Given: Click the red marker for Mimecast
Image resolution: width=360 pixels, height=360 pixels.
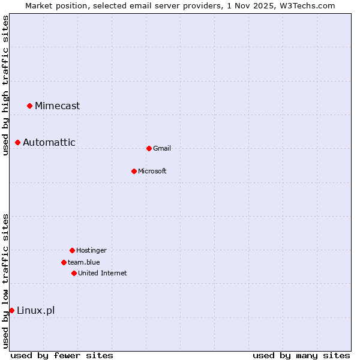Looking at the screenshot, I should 29,106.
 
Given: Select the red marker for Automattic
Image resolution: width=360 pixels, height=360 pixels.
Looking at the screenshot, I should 18,142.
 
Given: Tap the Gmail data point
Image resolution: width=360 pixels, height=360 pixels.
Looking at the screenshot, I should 149,148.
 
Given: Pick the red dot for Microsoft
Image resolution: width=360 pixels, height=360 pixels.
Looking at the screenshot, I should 134,171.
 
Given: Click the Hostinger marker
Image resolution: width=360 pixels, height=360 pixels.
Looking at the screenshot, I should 72,250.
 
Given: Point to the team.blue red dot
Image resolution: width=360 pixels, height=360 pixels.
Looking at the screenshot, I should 64,262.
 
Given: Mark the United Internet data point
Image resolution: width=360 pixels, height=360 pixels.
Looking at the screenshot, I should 74,273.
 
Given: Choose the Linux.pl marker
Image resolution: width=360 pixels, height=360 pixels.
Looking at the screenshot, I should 11,310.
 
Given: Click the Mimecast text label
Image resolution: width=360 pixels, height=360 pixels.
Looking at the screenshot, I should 57,106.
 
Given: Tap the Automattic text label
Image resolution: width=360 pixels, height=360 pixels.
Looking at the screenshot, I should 49,142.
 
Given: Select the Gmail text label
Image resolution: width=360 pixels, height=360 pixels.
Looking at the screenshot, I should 162,148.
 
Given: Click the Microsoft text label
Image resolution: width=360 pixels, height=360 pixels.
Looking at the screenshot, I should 152,171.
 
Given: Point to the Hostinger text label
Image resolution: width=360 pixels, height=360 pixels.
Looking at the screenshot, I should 91,250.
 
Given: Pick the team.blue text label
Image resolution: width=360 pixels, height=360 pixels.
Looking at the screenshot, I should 84,262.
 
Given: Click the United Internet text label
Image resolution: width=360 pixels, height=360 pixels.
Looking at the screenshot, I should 103,273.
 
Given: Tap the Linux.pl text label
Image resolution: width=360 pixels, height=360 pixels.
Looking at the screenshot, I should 35,310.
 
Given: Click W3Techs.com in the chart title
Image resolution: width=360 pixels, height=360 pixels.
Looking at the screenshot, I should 306,5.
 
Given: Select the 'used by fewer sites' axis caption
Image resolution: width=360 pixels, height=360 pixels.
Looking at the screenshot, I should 62,355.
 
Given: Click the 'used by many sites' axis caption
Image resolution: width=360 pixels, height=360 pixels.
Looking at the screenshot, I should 301,355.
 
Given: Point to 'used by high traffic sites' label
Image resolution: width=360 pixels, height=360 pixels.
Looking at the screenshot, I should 5,86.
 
